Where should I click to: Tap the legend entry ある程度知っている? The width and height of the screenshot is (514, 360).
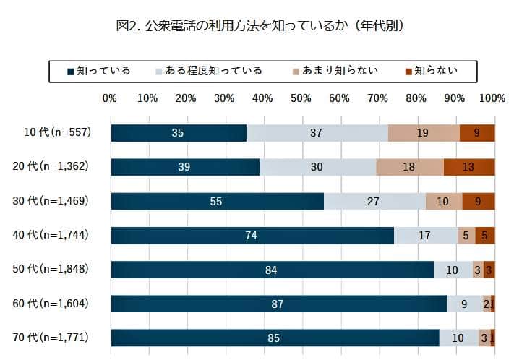(x=209, y=71)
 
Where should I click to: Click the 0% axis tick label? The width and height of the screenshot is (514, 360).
(x=110, y=98)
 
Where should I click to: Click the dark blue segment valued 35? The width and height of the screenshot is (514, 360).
(x=178, y=133)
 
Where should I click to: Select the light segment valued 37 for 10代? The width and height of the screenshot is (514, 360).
(x=317, y=133)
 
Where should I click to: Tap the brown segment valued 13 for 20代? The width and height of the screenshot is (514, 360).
(x=468, y=167)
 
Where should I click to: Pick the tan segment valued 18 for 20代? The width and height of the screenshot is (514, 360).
(x=409, y=167)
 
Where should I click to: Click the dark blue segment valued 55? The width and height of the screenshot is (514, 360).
(x=216, y=201)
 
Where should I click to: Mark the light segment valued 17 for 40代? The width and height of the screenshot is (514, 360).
(x=425, y=236)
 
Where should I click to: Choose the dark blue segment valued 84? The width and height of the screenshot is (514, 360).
(x=271, y=270)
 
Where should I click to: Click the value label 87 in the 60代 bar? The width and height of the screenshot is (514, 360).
(x=277, y=304)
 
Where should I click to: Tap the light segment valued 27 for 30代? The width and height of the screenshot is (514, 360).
(x=374, y=201)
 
